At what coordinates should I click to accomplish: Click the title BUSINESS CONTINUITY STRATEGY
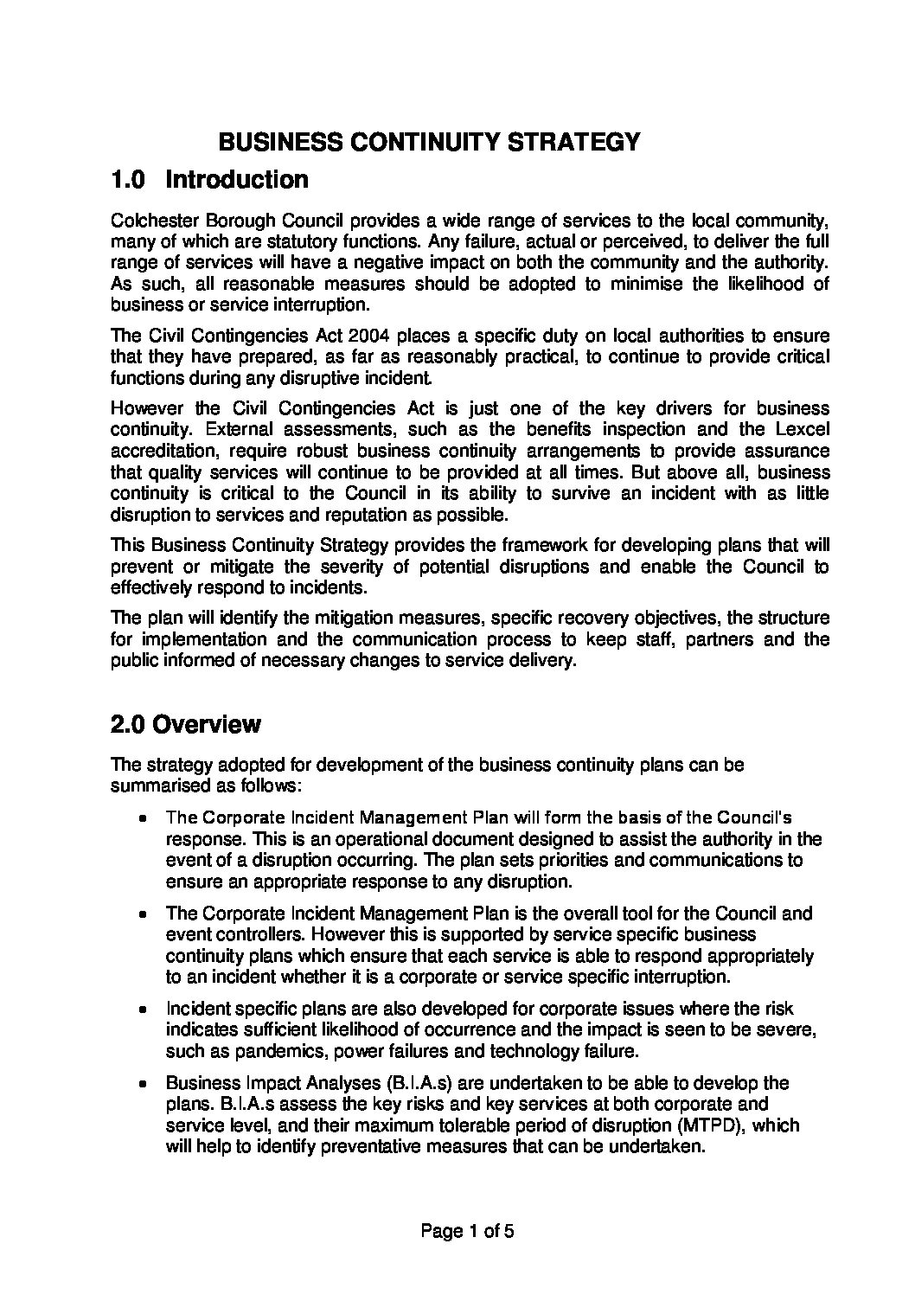pyautogui.click(x=429, y=141)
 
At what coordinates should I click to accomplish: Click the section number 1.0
pyautogui.click(x=130, y=180)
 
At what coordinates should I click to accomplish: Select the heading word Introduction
pyautogui.click(x=236, y=180)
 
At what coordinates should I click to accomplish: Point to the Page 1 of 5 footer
pyautogui.click(x=467, y=1231)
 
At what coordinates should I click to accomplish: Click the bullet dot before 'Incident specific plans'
pyautogui.click(x=143, y=1010)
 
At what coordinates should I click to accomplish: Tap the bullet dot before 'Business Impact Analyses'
pyautogui.click(x=143, y=1083)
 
